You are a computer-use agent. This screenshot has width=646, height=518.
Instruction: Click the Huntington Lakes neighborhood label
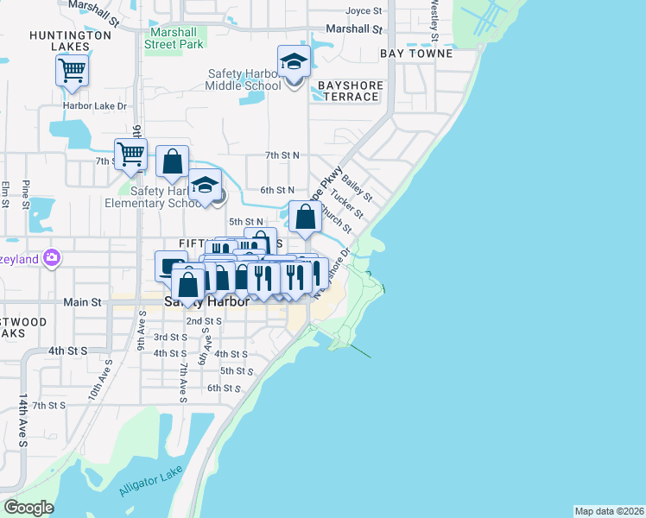pyautogui.click(x=70, y=41)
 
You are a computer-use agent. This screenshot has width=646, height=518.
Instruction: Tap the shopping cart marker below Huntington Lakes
pyautogui.click(x=72, y=70)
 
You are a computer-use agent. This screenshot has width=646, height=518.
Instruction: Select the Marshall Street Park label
pyautogui.click(x=174, y=36)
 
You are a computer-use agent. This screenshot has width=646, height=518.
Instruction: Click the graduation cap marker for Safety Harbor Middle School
pyautogui.click(x=294, y=62)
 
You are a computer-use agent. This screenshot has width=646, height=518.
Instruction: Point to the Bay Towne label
pyautogui.click(x=416, y=54)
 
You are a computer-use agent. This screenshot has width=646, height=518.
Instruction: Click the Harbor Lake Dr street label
pyautogui.click(x=94, y=106)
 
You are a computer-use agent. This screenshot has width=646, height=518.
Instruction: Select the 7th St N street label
pyautogui.click(x=282, y=155)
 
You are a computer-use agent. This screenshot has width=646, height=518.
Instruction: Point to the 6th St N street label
pyautogui.click(x=278, y=190)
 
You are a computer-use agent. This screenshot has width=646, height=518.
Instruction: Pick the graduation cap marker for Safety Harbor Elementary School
pyautogui.click(x=206, y=186)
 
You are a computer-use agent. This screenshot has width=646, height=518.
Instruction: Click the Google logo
pyautogui.click(x=28, y=508)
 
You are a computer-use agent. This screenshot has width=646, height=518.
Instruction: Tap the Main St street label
pyautogui.click(x=83, y=303)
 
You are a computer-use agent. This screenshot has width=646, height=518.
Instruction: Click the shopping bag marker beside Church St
pyautogui.click(x=305, y=218)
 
